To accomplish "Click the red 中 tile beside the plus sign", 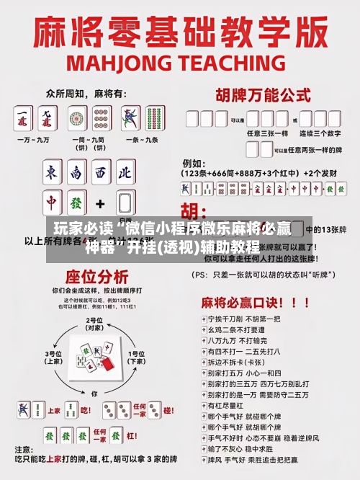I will pyautogui.click(x=52, y=203).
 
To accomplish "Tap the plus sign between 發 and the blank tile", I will pyautogui.click(x=100, y=203).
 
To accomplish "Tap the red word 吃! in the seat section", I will pyautogui.click(x=85, y=410).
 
